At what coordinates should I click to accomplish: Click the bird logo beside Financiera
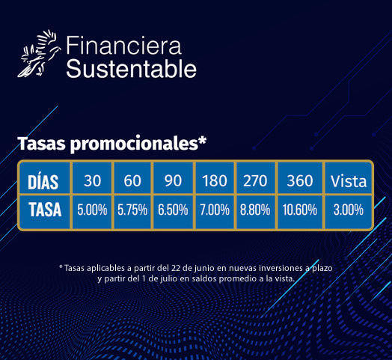tap(39, 54)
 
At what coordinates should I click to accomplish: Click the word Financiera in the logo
tap(123, 46)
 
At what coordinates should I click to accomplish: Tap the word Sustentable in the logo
tap(131, 69)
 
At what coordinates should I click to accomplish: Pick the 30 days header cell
tap(92, 178)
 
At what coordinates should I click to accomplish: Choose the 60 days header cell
tap(132, 178)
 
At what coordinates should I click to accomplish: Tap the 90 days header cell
tap(173, 178)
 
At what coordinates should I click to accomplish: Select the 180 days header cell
tap(215, 178)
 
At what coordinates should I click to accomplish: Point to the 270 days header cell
tap(256, 178)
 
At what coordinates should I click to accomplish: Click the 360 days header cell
tap(300, 178)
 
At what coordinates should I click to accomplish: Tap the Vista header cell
tap(349, 178)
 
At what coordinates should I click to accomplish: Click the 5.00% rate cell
tap(92, 212)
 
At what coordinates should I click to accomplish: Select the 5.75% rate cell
tap(132, 212)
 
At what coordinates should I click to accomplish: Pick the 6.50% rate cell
tap(173, 212)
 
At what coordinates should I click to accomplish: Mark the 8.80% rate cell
tap(256, 212)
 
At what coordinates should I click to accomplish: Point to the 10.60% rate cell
tap(300, 212)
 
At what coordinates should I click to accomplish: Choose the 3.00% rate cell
tap(349, 212)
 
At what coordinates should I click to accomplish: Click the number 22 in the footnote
tap(176, 268)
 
